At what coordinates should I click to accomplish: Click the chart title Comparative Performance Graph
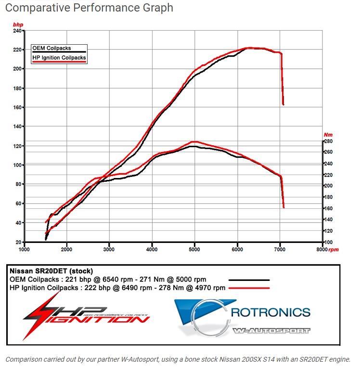(x=89, y=8)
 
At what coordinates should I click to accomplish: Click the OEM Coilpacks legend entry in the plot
(x=51, y=48)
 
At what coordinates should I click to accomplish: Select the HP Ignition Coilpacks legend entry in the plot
(x=59, y=58)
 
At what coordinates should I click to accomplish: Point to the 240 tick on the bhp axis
(x=17, y=31)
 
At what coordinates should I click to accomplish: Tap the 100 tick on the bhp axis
(x=17, y=165)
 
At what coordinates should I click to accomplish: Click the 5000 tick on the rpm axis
(x=194, y=249)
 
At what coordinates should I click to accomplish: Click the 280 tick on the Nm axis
(x=328, y=141)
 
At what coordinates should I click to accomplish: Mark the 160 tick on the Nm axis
(x=328, y=208)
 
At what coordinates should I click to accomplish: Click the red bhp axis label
(x=18, y=25)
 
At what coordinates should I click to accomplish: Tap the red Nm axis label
(x=328, y=135)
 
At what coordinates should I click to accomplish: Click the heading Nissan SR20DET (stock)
(x=51, y=271)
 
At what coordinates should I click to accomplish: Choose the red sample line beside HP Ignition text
(x=249, y=288)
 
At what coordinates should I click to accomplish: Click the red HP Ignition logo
(x=86, y=315)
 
